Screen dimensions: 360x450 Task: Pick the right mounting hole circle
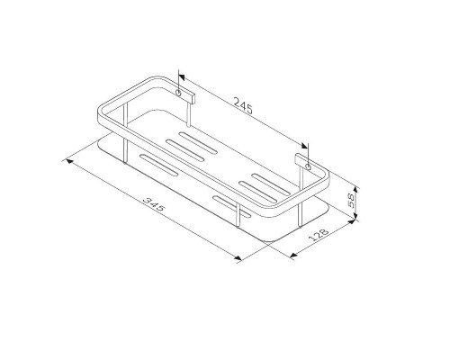(308, 166)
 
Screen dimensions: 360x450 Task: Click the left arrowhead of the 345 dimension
(66, 160)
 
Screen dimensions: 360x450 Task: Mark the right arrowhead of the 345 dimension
(239, 259)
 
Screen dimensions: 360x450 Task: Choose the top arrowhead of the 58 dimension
(357, 187)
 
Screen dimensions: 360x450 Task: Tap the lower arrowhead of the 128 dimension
(295, 255)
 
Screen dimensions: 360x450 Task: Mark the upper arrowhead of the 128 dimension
(353, 221)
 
